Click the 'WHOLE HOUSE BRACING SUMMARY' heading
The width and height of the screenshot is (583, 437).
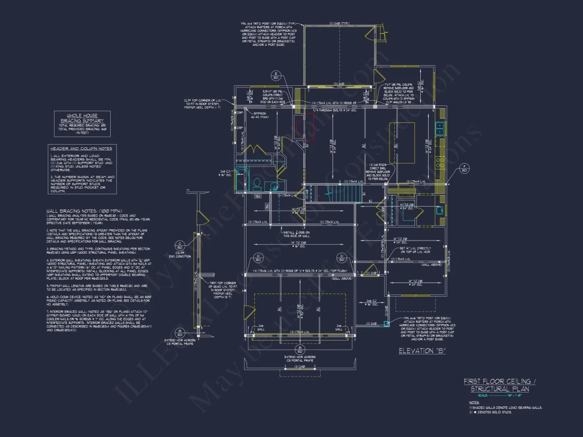pos(82,118)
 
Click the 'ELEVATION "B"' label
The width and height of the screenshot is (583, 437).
pos(422,351)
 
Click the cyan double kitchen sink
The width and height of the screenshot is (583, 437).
pos(440,128)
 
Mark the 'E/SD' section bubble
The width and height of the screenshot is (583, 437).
pos(276,75)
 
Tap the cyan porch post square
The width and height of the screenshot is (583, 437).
pos(386,322)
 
